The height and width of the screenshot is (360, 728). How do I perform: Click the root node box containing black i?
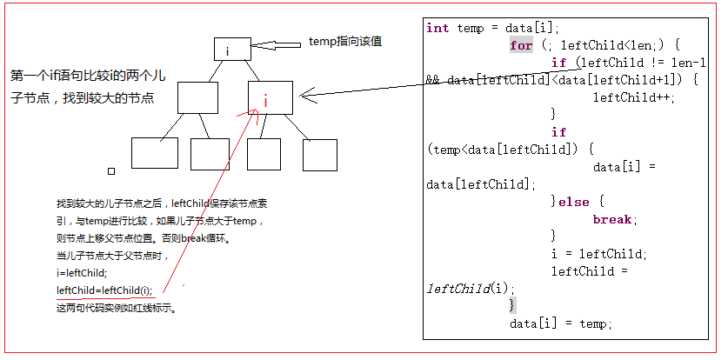pos(232,50)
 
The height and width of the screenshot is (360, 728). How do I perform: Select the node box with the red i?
pos(269,100)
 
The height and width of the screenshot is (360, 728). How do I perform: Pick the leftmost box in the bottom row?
pos(154,153)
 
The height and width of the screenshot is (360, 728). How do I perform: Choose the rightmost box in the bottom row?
pos(319,154)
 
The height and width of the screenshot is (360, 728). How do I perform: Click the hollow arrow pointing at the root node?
pos(277,43)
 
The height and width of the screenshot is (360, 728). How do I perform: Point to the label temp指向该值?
pos(345,42)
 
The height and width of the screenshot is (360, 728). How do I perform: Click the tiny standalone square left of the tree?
pos(110,171)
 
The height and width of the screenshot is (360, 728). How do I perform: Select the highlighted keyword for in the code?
pos(521,45)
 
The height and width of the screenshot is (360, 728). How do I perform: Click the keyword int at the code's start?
pos(437,28)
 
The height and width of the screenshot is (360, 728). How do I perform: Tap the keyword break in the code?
pos(614,219)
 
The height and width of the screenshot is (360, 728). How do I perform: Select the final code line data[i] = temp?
pos(561,323)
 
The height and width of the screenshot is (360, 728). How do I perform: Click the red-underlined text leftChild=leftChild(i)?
pos(104,290)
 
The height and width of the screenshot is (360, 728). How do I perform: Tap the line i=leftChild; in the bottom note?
pos(86,273)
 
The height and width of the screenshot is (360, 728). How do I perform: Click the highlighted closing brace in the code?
pos(513,305)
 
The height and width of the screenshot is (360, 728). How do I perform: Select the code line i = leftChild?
pos(598,254)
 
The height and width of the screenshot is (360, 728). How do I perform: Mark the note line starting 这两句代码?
pos(117,308)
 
